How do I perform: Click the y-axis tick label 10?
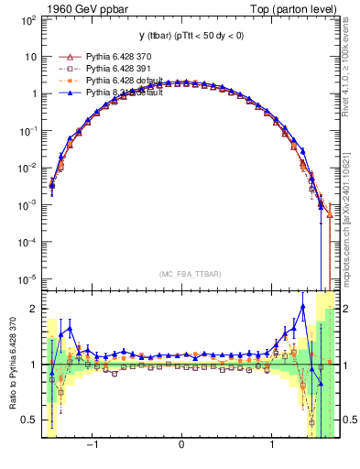click(x=30, y=56)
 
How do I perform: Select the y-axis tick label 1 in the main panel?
click(x=34, y=93)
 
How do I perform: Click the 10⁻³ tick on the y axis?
click(x=27, y=205)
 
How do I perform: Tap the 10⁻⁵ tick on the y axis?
click(x=27, y=279)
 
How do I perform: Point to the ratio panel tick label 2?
click(x=34, y=309)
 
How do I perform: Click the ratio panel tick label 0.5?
click(x=30, y=420)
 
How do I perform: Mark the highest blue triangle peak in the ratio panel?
click(x=302, y=307)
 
